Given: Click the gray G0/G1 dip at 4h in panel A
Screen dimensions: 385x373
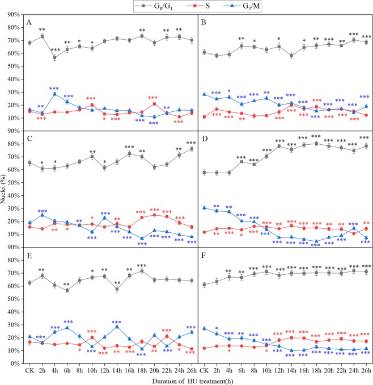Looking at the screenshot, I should coord(55,57).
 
